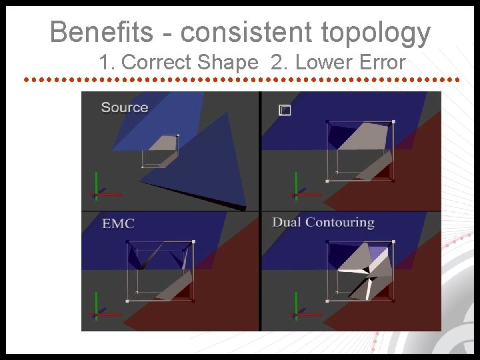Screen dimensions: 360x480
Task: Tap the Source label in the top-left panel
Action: pos(125,107)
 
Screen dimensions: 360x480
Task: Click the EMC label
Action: pos(118,223)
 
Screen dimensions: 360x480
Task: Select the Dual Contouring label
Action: pos(323,222)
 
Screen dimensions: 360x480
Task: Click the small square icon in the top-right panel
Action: pos(285,111)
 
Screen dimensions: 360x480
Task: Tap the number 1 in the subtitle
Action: pos(104,63)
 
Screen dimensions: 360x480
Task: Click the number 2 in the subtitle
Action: pos(276,63)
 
